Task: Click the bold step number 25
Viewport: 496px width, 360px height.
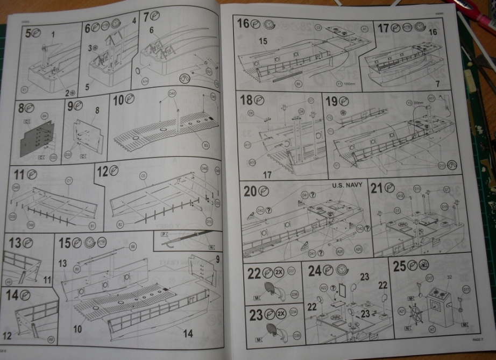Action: tap(399, 266)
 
